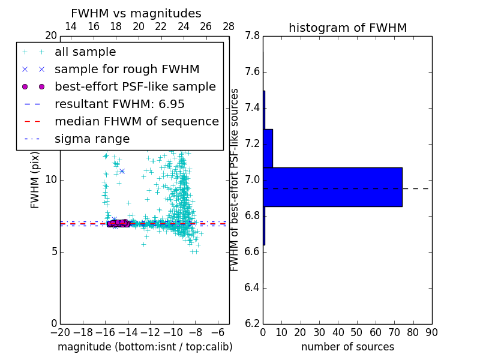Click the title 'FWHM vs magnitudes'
[x=136, y=13]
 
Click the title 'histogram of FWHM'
[x=347, y=28]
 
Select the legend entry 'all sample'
[x=85, y=52]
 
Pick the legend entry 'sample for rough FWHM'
[x=127, y=70]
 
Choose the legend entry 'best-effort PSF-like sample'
[x=135, y=87]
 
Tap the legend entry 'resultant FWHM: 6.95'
[x=119, y=104]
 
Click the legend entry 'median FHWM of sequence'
[x=136, y=122]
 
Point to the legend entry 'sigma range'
[x=92, y=139]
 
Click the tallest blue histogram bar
[x=332, y=187]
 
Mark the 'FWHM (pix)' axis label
[x=35, y=180]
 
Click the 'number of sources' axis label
[x=347, y=347]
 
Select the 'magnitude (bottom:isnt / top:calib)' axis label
[x=145, y=347]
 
